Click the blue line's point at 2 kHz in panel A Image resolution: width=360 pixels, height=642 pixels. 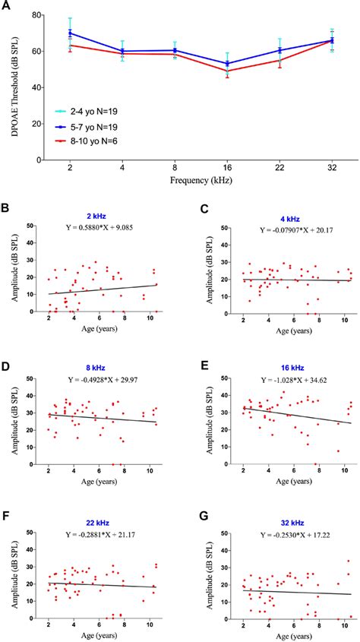[70, 33]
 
